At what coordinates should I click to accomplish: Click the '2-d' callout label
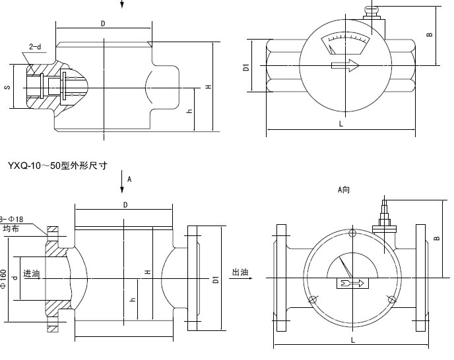[35, 47]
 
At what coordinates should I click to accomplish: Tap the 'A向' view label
[343, 190]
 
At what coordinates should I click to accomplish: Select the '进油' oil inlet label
[32, 273]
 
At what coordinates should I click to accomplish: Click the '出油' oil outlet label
[240, 272]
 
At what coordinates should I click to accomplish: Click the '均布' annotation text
[11, 228]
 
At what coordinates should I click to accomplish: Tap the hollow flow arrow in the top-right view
[344, 66]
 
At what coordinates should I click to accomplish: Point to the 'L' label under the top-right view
[340, 123]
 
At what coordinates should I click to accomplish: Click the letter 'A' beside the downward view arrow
[129, 179]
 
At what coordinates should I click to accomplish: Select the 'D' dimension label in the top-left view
[103, 23]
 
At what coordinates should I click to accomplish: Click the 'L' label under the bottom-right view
[353, 340]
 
